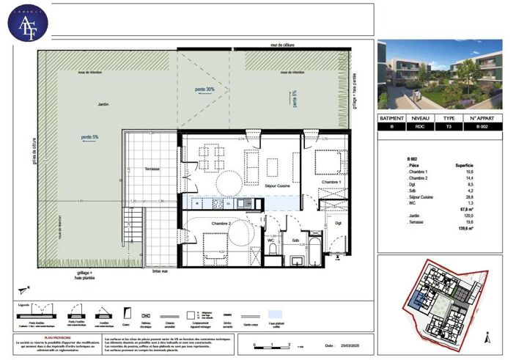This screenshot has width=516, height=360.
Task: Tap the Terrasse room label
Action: coord(153,169)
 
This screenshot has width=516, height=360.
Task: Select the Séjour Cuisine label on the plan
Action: coord(259,186)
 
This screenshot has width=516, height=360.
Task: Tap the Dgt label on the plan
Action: coord(338,223)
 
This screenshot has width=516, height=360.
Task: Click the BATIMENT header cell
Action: coord(393,117)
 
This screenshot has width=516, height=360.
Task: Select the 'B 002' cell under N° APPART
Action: coord(482,126)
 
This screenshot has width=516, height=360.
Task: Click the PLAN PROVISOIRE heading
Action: coord(56,338)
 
